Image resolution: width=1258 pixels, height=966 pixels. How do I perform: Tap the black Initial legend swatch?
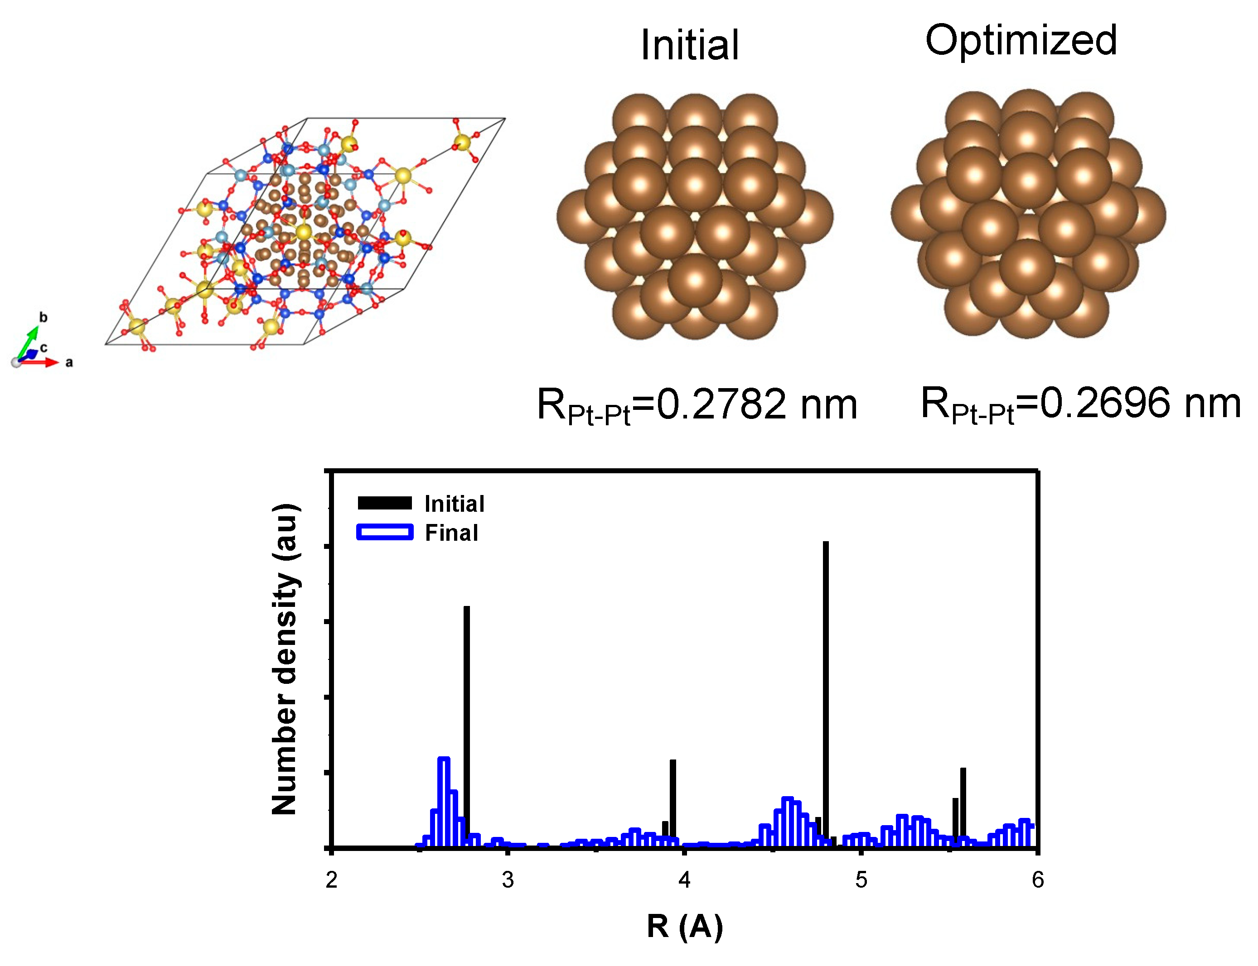click(384, 503)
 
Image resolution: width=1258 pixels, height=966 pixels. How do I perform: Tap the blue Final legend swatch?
click(384, 532)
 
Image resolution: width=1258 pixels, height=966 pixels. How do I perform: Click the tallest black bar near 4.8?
click(825, 690)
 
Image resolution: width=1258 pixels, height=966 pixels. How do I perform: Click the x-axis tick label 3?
click(508, 880)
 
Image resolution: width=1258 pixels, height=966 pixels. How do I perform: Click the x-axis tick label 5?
click(861, 880)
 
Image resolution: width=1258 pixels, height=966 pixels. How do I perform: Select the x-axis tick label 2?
click(331, 880)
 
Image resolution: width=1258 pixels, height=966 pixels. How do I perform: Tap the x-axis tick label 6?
click(1037, 880)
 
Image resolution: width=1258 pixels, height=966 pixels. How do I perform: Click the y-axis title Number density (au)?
click(285, 659)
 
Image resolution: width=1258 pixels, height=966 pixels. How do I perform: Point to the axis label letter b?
click(43, 317)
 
